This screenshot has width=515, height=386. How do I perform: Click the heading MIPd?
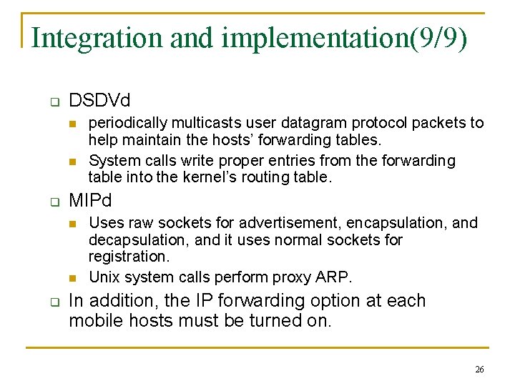click(x=91, y=200)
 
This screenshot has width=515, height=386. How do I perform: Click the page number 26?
click(x=479, y=370)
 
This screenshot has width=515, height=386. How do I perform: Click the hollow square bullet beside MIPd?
click(x=54, y=202)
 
